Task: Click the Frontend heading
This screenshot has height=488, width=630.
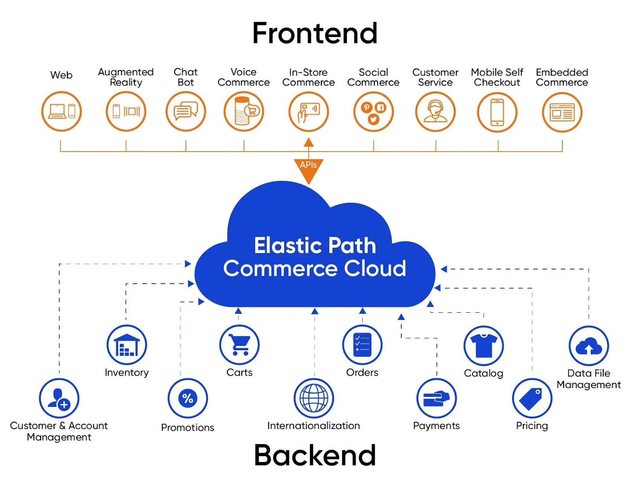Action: [315, 33]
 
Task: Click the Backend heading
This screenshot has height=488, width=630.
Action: [315, 455]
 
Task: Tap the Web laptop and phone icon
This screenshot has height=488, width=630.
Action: [61, 111]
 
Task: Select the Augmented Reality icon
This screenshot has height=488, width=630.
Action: [126, 111]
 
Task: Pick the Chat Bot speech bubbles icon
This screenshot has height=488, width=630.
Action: [186, 111]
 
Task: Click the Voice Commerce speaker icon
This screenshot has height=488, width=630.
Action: [244, 111]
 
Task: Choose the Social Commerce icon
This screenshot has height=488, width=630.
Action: [374, 112]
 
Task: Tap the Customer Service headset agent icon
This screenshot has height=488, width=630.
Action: [435, 112]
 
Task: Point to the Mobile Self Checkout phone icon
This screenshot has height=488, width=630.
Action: [497, 112]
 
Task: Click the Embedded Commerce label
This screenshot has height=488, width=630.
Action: [562, 77]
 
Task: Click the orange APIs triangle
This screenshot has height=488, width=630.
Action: [309, 168]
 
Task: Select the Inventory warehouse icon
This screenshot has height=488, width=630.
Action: [127, 345]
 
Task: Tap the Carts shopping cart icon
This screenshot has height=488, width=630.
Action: [239, 345]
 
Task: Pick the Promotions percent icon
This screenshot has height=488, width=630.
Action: [188, 398]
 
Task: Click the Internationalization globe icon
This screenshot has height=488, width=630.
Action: [314, 398]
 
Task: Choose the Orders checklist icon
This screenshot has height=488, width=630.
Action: [362, 345]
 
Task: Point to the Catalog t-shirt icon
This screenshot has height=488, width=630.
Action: [484, 346]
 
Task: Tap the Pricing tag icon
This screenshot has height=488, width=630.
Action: [532, 398]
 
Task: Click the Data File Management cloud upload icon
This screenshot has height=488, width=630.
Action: [589, 346]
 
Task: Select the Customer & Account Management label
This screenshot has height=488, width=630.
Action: [59, 431]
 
